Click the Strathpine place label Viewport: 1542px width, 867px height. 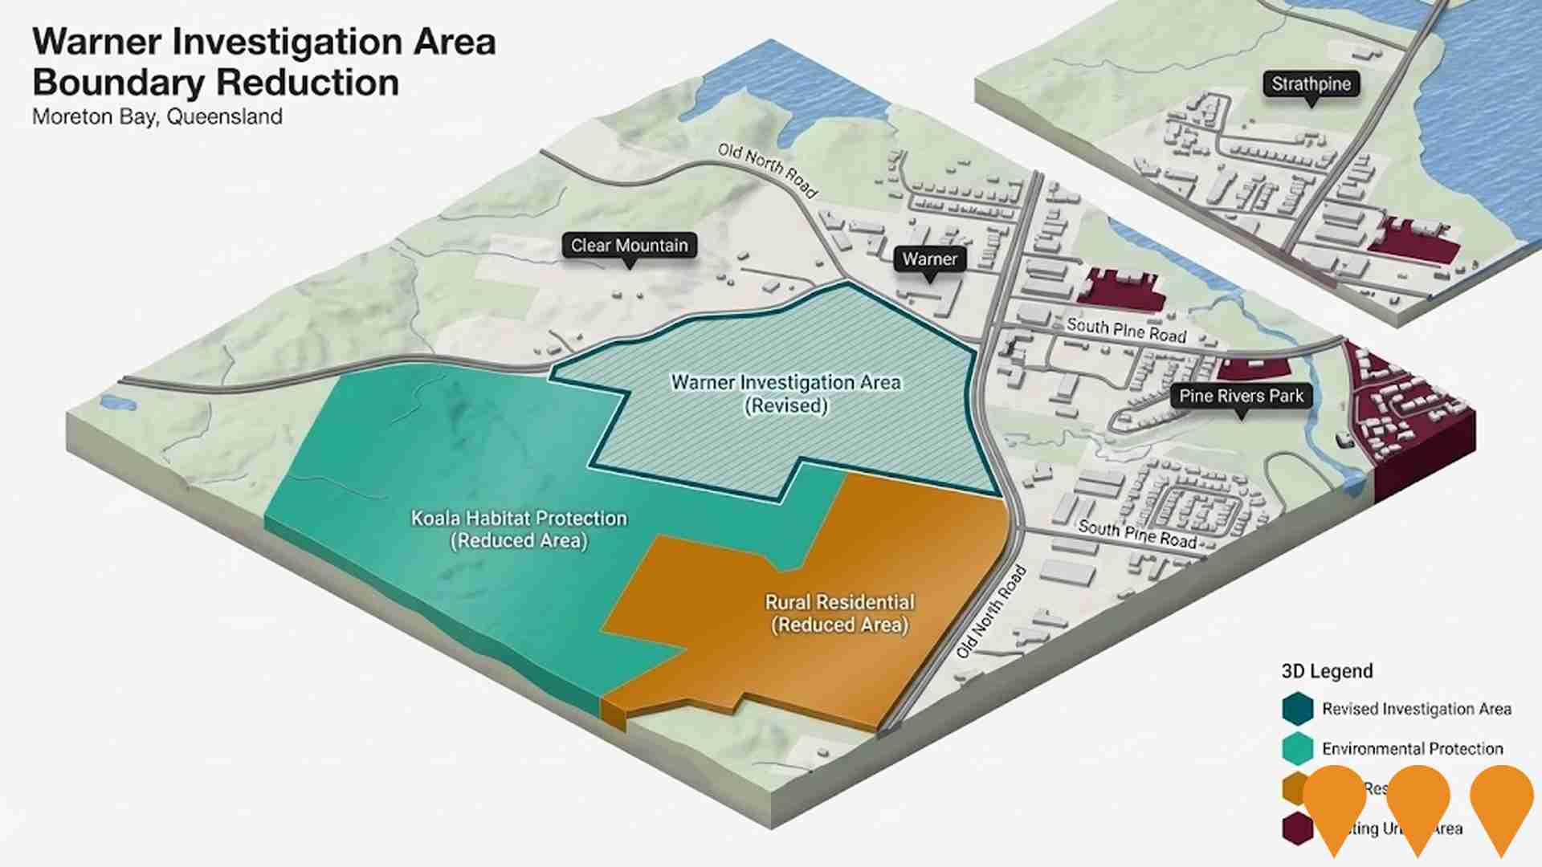coord(1311,84)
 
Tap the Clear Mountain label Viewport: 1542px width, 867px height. coord(629,246)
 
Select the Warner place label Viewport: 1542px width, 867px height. coord(929,259)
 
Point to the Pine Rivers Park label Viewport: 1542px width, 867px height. coord(1241,396)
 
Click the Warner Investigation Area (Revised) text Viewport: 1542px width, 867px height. coord(785,393)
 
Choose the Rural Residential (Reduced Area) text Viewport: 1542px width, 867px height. coord(839,613)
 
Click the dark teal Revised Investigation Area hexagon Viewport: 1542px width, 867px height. coord(1297,709)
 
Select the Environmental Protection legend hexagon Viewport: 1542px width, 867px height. coord(1297,749)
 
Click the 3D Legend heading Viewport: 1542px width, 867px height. coord(1327,671)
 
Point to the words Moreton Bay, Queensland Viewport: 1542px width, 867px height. coord(157,117)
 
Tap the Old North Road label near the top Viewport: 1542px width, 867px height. coord(767,169)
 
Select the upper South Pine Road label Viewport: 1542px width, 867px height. coord(1126,330)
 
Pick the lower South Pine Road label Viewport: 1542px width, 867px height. coord(1137,533)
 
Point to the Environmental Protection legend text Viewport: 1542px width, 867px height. coord(1412,749)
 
